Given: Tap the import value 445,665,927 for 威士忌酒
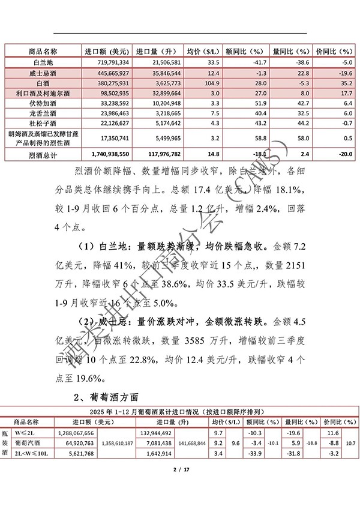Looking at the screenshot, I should [x=108, y=73].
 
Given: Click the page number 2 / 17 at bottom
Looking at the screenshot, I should [x=180, y=468].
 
